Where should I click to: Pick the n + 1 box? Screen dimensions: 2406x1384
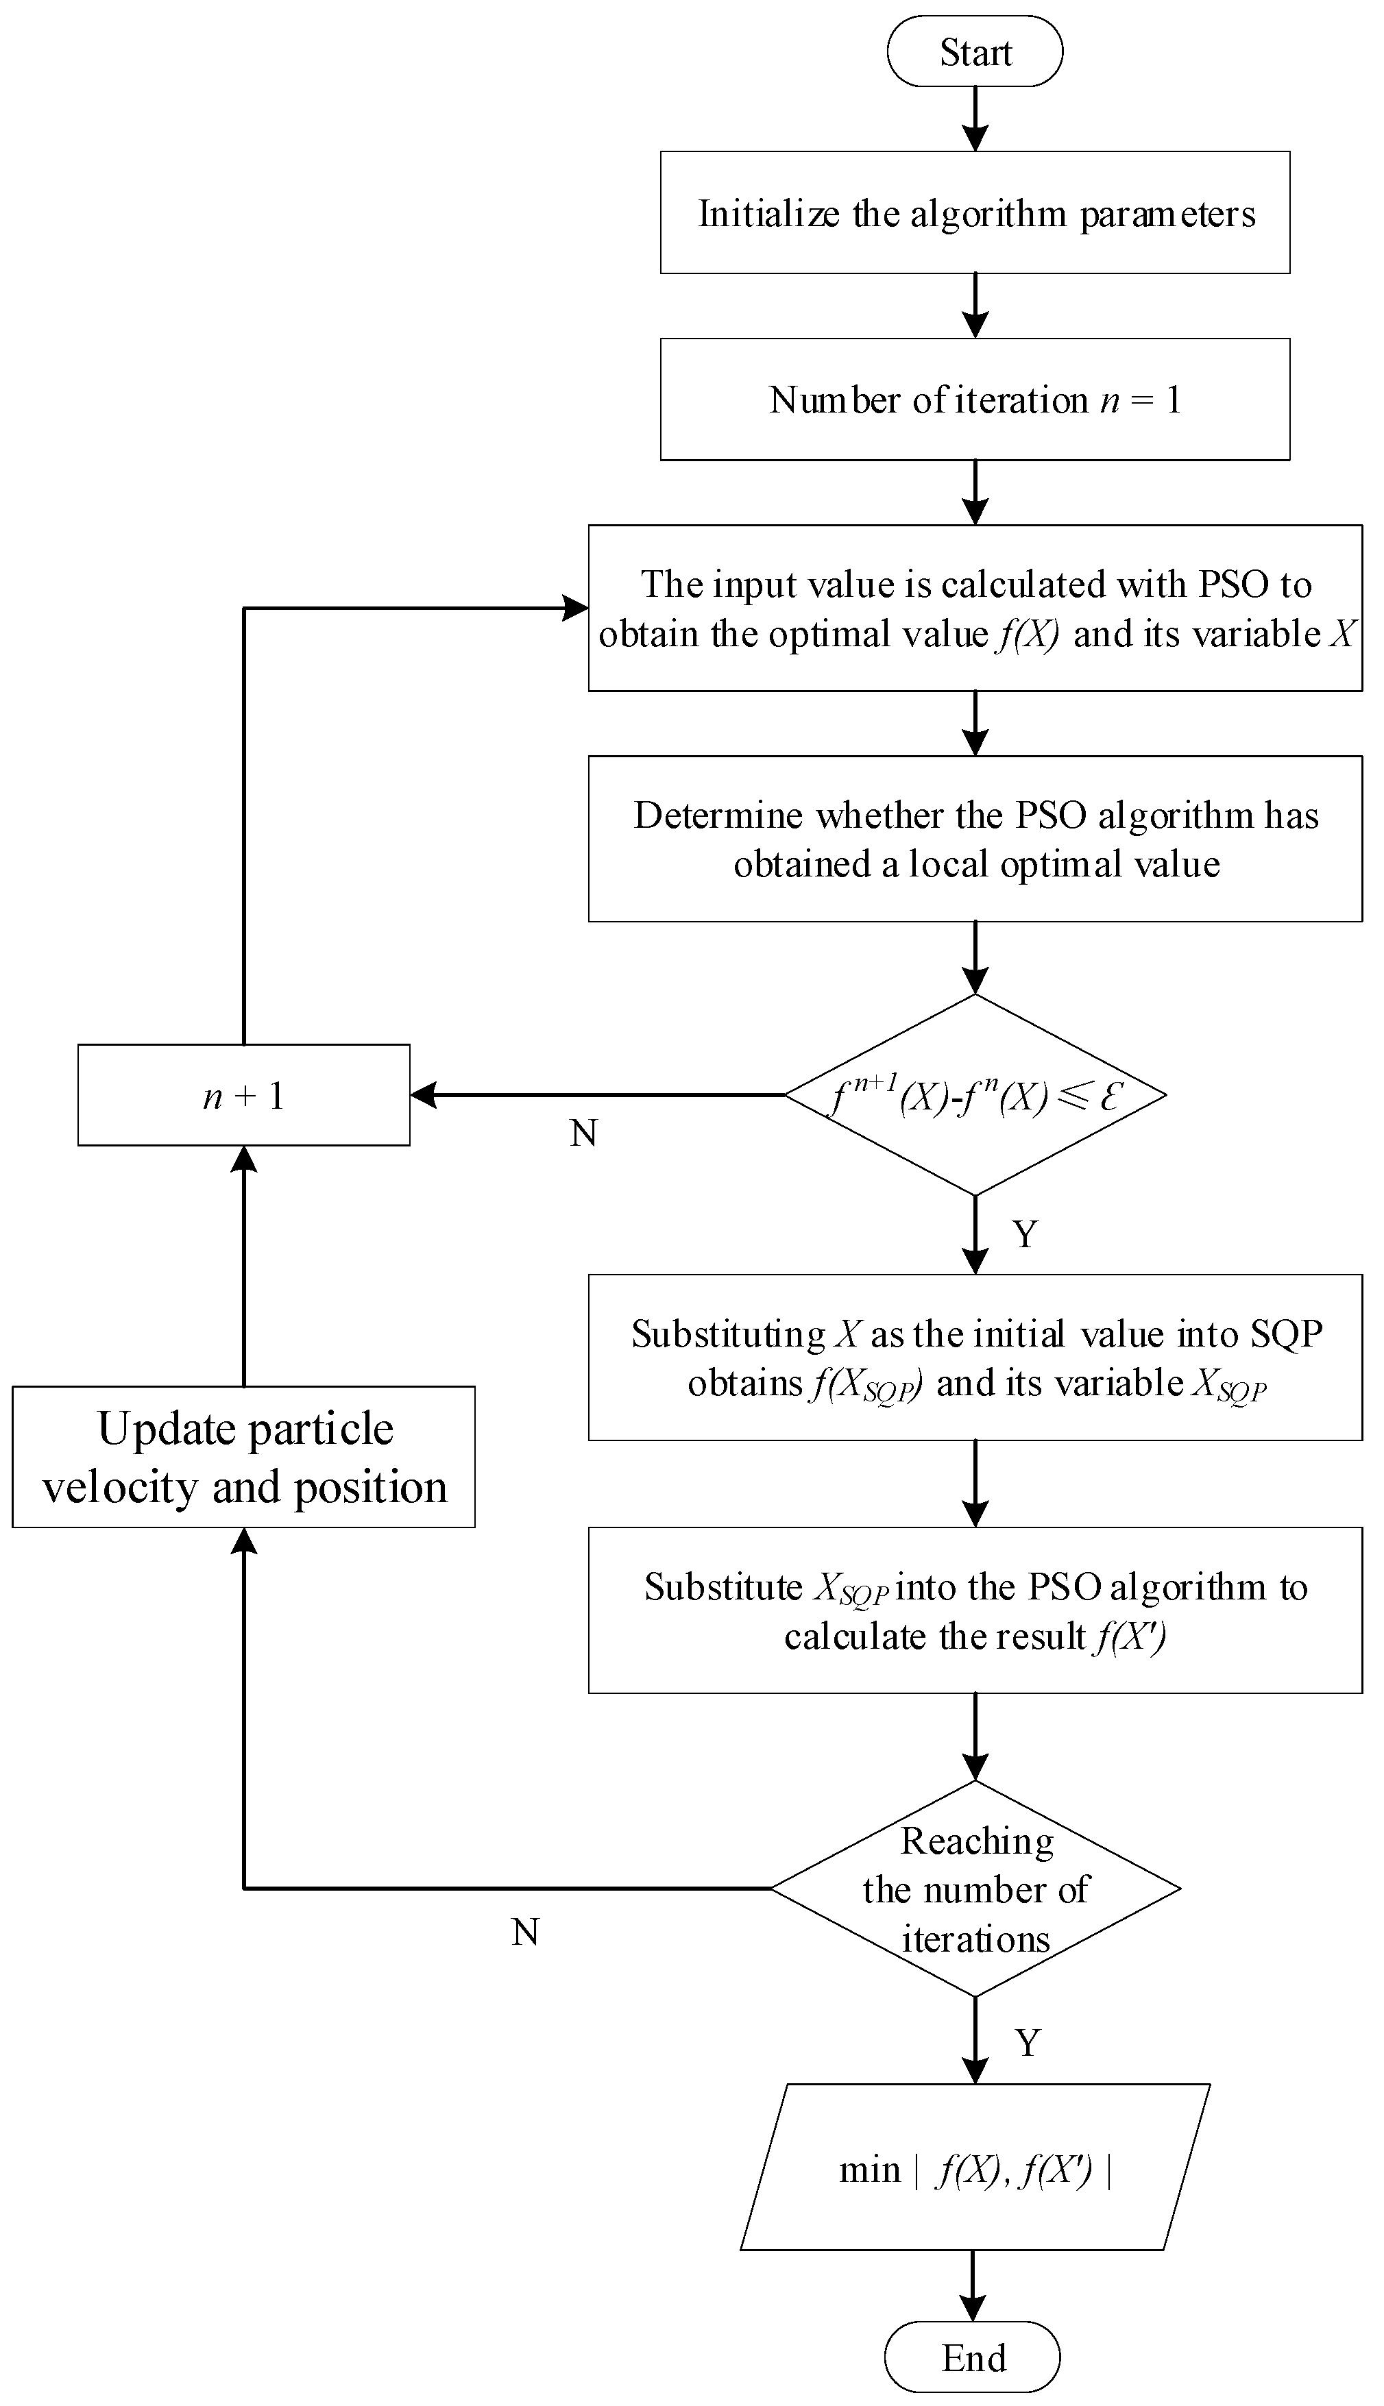[243, 1096]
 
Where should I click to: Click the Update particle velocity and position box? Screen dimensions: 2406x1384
[243, 1457]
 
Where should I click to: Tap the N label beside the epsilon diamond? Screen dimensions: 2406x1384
[583, 1133]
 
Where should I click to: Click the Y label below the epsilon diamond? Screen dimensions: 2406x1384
[1025, 1234]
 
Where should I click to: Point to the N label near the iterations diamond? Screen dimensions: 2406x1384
[526, 1932]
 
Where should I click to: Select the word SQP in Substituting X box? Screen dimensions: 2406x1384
[1286, 1334]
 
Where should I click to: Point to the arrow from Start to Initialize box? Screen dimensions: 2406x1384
[975, 119]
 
